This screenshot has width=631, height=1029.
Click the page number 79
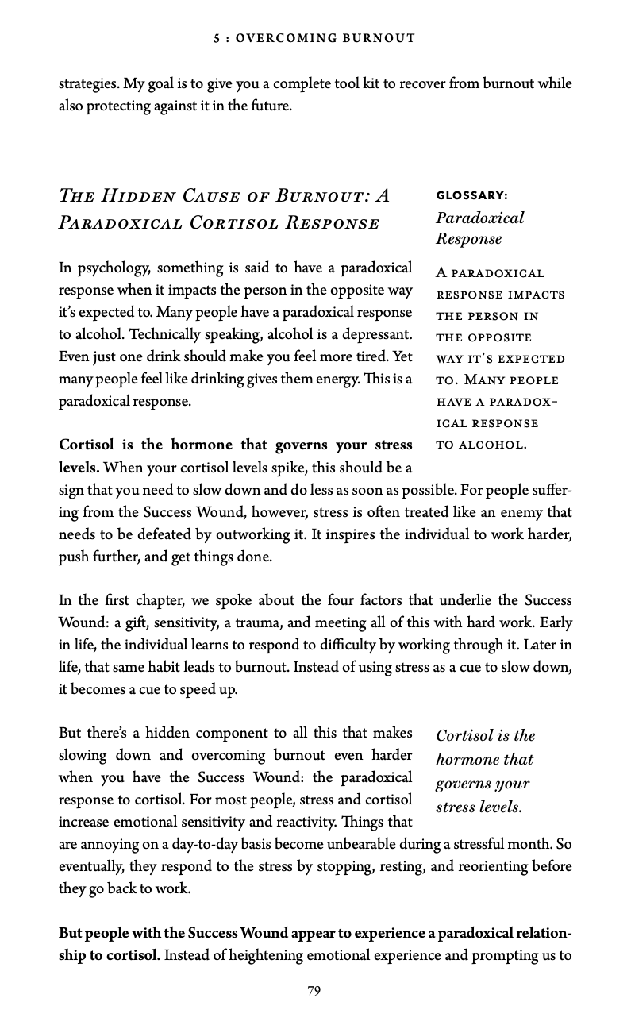(314, 990)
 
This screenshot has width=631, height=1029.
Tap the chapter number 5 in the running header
(217, 37)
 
